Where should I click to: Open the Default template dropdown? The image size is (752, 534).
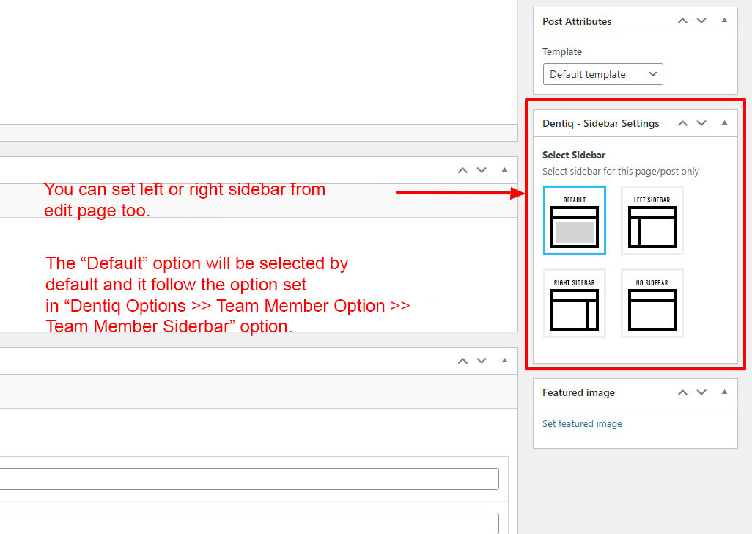pyautogui.click(x=603, y=74)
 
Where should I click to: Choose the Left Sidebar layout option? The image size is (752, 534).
pyautogui.click(x=652, y=220)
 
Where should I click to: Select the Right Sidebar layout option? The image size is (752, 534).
pyautogui.click(x=575, y=303)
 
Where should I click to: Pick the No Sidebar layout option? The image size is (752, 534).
pyautogui.click(x=652, y=303)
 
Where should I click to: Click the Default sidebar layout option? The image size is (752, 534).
pyautogui.click(x=575, y=220)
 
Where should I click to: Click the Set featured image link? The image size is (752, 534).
pyautogui.click(x=582, y=424)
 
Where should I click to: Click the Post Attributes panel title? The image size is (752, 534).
pyautogui.click(x=577, y=21)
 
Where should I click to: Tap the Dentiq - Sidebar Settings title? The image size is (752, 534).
pyautogui.click(x=601, y=124)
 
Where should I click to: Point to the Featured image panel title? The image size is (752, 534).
pyautogui.click(x=578, y=393)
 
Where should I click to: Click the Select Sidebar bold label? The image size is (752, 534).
pyautogui.click(x=574, y=155)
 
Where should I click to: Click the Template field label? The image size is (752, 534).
pyautogui.click(x=562, y=52)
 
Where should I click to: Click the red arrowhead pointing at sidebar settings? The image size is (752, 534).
pyautogui.click(x=518, y=194)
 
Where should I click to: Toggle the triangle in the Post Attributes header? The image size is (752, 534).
pyautogui.click(x=724, y=20)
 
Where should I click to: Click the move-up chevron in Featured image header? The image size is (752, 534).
pyautogui.click(x=682, y=392)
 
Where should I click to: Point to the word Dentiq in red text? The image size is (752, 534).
pyautogui.click(x=97, y=306)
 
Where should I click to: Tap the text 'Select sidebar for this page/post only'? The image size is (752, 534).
pyautogui.click(x=621, y=172)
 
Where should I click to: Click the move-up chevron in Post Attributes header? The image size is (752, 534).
pyautogui.click(x=682, y=21)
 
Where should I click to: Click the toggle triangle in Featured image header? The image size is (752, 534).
pyautogui.click(x=724, y=392)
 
